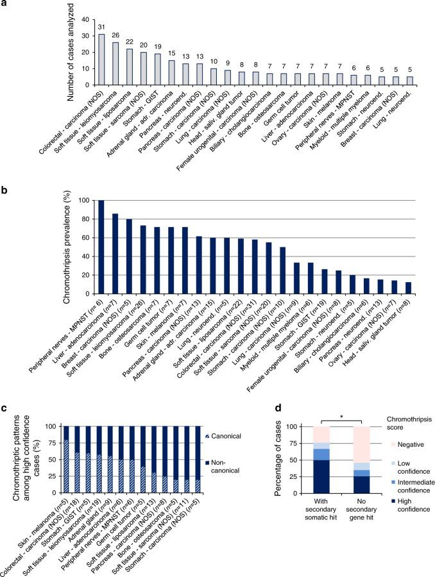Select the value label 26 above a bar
[x=115, y=37]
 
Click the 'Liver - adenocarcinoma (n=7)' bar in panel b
[x=115, y=254]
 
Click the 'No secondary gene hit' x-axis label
[x=359, y=519]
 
